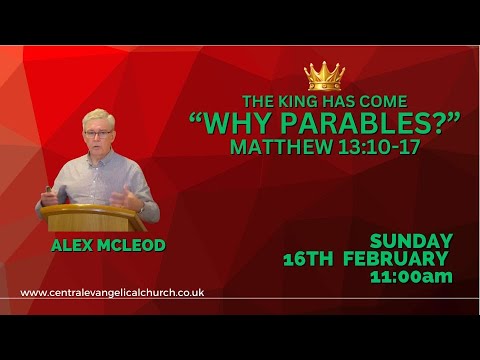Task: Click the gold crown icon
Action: [324, 76]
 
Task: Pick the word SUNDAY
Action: [412, 241]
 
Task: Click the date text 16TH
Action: [307, 258]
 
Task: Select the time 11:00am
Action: [412, 276]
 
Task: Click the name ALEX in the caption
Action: [74, 243]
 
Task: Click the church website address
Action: [112, 293]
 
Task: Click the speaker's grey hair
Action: [98, 118]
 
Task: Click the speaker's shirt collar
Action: [100, 160]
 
